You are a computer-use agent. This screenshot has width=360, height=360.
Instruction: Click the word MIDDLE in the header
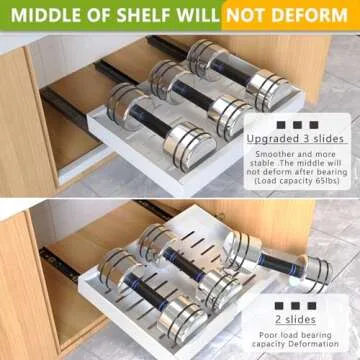click(45, 16)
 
